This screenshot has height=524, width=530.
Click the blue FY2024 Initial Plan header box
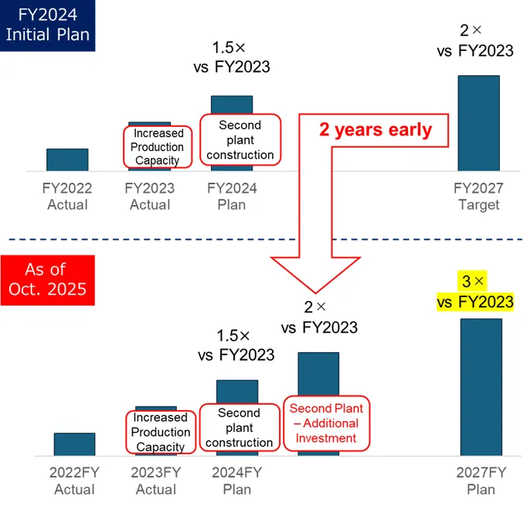pos(49,25)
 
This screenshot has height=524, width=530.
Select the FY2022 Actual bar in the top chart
pos(67,159)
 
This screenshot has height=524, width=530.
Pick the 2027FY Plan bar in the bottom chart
pos(481,387)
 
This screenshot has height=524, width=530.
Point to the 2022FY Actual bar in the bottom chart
pos(74,444)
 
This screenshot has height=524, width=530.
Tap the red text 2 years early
pos(375,129)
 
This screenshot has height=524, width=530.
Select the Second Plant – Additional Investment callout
pos(326,423)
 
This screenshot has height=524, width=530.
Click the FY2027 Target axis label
pos(478,197)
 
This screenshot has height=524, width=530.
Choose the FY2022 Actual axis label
pos(67,197)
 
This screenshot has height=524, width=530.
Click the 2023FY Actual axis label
pos(156,481)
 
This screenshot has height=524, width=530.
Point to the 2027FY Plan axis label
pos(481,481)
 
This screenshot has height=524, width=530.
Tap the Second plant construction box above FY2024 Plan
pos(240,139)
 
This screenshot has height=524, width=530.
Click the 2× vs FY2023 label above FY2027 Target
pos(475,40)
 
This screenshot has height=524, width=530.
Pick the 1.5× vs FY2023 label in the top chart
pos(232,57)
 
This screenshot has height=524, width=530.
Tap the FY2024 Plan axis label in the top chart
pos(232,197)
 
